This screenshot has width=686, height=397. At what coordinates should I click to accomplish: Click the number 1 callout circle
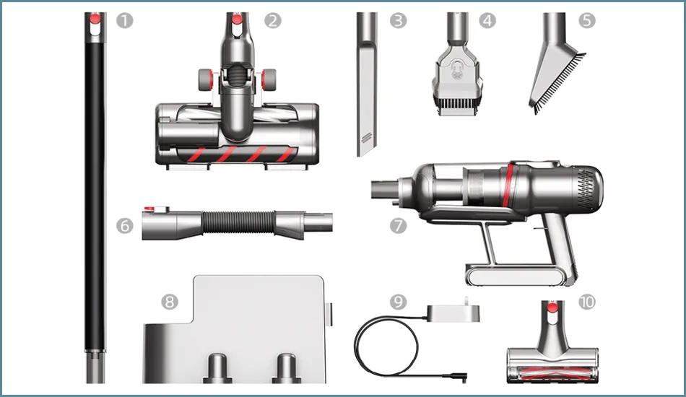tap(125, 20)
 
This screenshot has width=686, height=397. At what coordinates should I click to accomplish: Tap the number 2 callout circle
tap(273, 20)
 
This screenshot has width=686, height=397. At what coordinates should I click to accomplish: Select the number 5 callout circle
tap(587, 20)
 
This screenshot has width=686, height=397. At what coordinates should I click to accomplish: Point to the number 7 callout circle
tap(398, 226)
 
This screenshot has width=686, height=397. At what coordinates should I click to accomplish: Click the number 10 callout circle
tap(587, 302)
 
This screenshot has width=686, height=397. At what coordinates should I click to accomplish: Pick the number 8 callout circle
tap(170, 302)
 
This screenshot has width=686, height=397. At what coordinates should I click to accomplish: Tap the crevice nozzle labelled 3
tap(367, 84)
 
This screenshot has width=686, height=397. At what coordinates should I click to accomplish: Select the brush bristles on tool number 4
tap(457, 105)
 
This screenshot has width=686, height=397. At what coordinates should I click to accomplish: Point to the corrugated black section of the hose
tap(238, 222)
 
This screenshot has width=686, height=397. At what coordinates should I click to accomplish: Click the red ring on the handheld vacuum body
tap(508, 186)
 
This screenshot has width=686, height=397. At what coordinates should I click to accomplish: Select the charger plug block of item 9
tap(453, 312)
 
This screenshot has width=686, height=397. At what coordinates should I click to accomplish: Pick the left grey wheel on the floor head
tap(206, 79)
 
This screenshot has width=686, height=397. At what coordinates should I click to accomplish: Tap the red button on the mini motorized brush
tap(553, 307)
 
